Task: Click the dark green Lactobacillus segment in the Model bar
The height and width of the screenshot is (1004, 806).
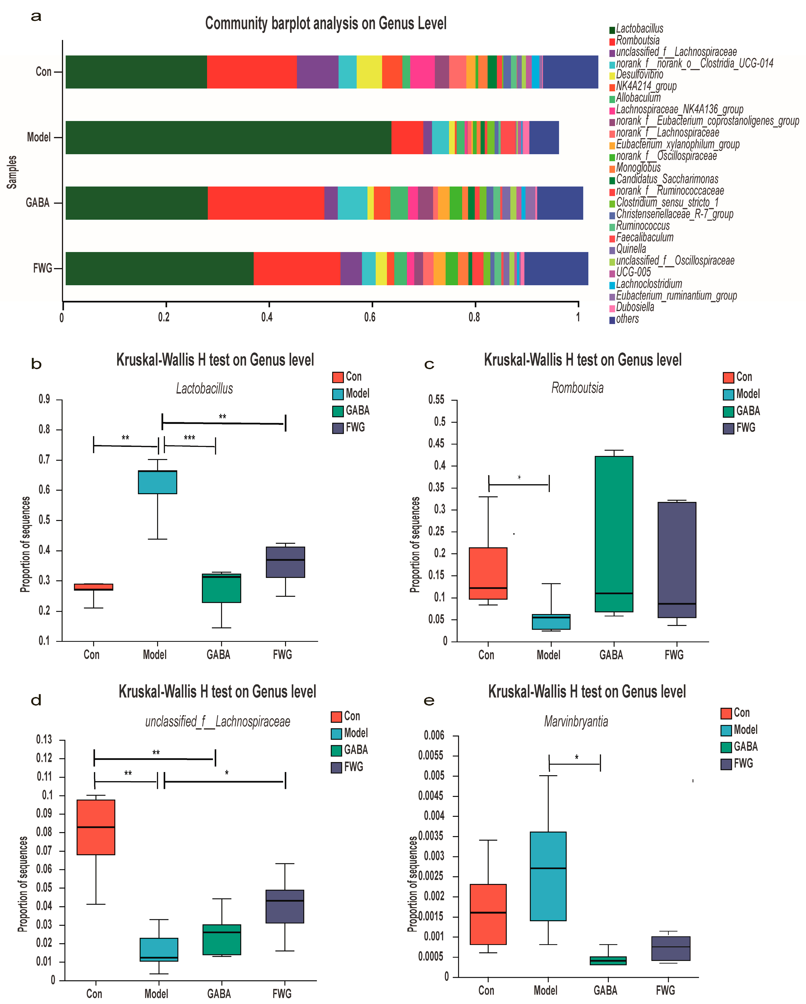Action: point(228,137)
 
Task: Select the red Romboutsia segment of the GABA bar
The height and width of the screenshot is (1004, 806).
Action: point(265,203)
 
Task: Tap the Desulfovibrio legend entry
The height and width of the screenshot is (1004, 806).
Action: point(639,75)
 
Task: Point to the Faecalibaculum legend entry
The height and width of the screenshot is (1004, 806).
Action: point(644,237)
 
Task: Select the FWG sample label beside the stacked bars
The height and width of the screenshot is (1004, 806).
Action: point(42,268)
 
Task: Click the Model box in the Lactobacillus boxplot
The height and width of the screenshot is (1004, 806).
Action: point(157,482)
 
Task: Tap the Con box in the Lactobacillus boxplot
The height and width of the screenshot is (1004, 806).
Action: point(94,587)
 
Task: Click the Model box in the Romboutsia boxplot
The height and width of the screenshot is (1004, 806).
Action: point(551,622)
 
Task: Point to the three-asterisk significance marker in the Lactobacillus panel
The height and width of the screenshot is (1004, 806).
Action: point(189,438)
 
